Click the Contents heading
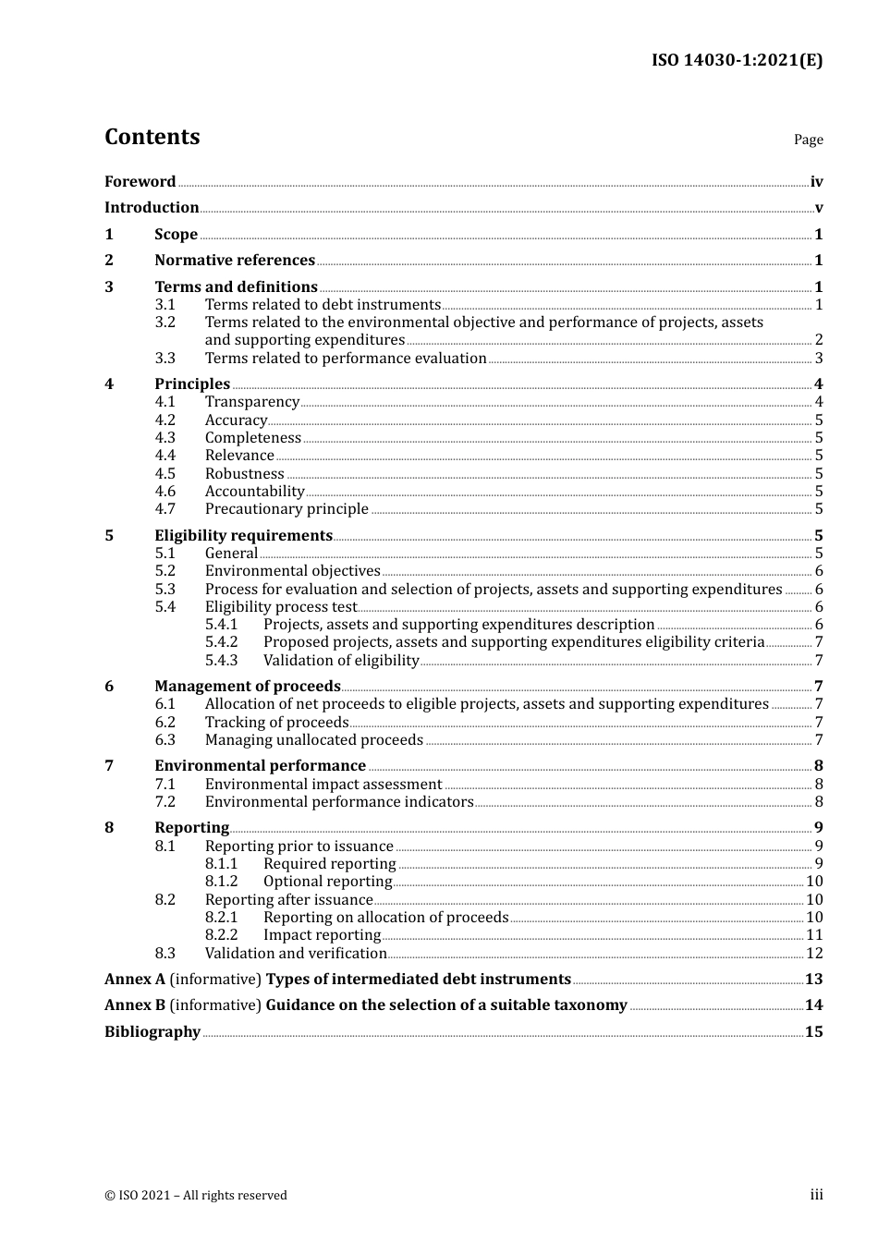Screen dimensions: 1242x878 click(x=152, y=137)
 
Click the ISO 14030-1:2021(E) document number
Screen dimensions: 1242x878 click(x=737, y=60)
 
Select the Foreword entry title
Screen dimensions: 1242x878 click(x=140, y=181)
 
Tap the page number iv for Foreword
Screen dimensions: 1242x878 click(x=816, y=181)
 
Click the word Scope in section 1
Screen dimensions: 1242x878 click(x=176, y=234)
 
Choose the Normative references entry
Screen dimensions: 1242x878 click(x=235, y=260)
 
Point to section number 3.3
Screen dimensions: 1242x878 click(x=165, y=358)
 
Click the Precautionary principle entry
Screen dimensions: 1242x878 click(x=287, y=508)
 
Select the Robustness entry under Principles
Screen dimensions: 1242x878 click(x=244, y=473)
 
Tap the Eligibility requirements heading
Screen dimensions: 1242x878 click(x=243, y=535)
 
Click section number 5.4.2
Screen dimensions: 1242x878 click(x=221, y=641)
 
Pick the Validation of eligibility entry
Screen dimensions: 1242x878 click(x=341, y=660)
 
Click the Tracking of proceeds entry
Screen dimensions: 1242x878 click(x=276, y=722)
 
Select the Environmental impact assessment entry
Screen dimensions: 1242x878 click(x=323, y=784)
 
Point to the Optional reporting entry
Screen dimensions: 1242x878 click(x=327, y=881)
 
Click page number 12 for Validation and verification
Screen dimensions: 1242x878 click(x=814, y=953)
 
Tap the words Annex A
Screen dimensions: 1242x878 click(x=128, y=979)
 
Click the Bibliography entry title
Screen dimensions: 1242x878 click(x=152, y=1031)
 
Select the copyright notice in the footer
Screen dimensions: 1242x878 click(x=196, y=1195)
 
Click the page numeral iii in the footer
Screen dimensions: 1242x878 click(x=816, y=1194)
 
